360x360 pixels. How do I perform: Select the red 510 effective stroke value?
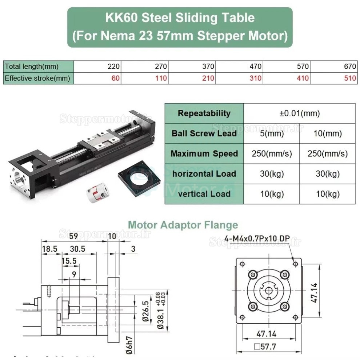tap(350, 78)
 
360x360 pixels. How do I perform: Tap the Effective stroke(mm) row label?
tap(37, 78)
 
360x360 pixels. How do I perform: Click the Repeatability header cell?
tap(204, 113)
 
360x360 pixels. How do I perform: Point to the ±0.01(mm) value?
tap(299, 113)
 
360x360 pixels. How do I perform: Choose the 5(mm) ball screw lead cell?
tap(272, 133)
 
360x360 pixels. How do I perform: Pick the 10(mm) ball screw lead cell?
tap(327, 133)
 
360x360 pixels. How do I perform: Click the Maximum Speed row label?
tap(204, 153)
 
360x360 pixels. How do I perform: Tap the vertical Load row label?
tap(204, 193)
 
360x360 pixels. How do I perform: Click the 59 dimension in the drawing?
tap(73, 237)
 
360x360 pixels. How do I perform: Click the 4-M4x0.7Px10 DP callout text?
tap(252, 239)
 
